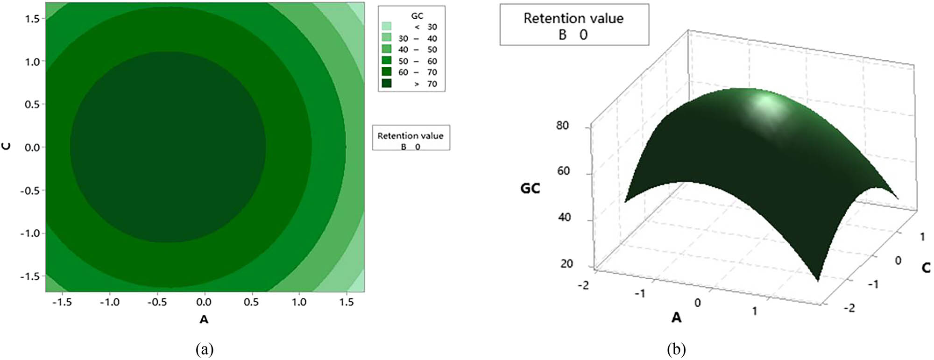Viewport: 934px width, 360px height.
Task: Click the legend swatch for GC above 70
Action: pos(386,84)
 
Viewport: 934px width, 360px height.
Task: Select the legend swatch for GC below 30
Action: pos(386,26)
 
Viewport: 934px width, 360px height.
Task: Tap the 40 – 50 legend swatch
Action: pos(386,49)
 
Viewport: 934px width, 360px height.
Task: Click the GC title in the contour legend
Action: pos(417,16)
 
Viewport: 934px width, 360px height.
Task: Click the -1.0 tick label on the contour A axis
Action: pos(109,302)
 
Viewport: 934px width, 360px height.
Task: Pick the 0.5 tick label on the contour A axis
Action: pos(251,302)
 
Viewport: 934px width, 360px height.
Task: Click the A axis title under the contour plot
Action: pos(204,319)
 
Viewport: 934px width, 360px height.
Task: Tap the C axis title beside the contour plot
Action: pos(7,146)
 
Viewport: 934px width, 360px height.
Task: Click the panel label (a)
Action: pos(205,349)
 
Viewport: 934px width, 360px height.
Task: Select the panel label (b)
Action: pos(676,349)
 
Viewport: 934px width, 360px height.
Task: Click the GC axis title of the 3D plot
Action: pos(530,188)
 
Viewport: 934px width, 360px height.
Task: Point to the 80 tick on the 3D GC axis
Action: pos(563,125)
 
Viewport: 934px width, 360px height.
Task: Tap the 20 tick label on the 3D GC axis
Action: pos(566,264)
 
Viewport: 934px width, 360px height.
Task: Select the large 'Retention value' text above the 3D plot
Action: pos(573,18)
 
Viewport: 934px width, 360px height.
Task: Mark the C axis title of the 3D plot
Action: pos(926,268)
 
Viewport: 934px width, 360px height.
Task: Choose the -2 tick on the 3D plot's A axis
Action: pos(583,285)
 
